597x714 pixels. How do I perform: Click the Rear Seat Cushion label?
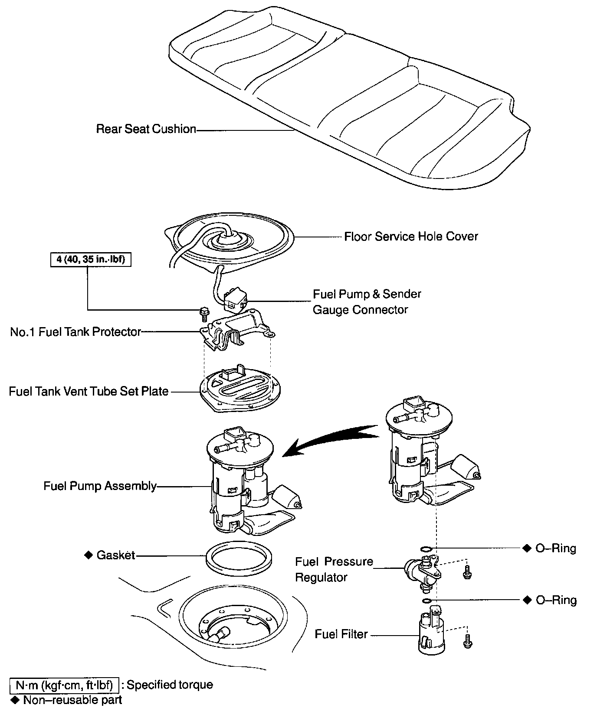(146, 129)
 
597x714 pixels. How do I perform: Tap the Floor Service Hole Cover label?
(411, 237)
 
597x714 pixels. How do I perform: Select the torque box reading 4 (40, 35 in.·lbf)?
(91, 260)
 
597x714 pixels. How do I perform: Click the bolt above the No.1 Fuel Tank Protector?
(203, 313)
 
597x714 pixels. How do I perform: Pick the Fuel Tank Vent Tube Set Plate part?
(240, 389)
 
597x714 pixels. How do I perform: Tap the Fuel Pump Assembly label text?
(100, 486)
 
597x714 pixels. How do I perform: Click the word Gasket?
(116, 555)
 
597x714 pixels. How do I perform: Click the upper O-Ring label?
(556, 548)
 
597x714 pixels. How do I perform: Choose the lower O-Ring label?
(556, 600)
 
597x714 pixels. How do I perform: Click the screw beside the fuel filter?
(467, 642)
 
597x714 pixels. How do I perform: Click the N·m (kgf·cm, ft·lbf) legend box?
(64, 685)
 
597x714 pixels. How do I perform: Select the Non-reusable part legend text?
(72, 700)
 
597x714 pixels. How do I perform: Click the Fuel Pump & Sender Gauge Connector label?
(367, 302)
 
